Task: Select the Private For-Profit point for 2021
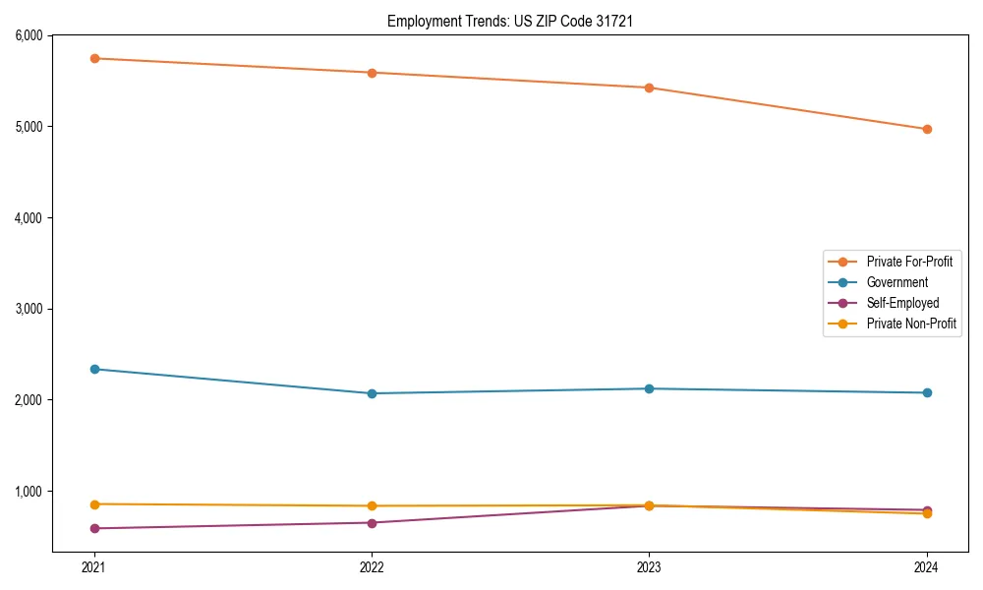(x=94, y=58)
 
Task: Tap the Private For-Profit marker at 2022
(x=372, y=73)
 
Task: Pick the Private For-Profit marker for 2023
(x=649, y=88)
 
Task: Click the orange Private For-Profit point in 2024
(x=926, y=129)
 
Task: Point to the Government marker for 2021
(x=94, y=369)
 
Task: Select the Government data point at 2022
(x=372, y=393)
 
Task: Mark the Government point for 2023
(x=649, y=388)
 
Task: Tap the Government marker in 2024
(x=926, y=392)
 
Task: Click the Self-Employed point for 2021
(x=94, y=528)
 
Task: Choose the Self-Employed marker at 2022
(x=372, y=522)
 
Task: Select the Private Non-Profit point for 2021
(x=94, y=504)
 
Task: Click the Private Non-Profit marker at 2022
(x=372, y=505)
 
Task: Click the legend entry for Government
(x=896, y=282)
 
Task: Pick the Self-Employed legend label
(x=902, y=303)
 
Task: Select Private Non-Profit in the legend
(x=911, y=324)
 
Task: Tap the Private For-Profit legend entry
(x=909, y=262)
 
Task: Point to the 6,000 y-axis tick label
(x=29, y=35)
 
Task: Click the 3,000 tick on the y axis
(x=29, y=309)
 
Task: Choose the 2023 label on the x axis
(x=649, y=566)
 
